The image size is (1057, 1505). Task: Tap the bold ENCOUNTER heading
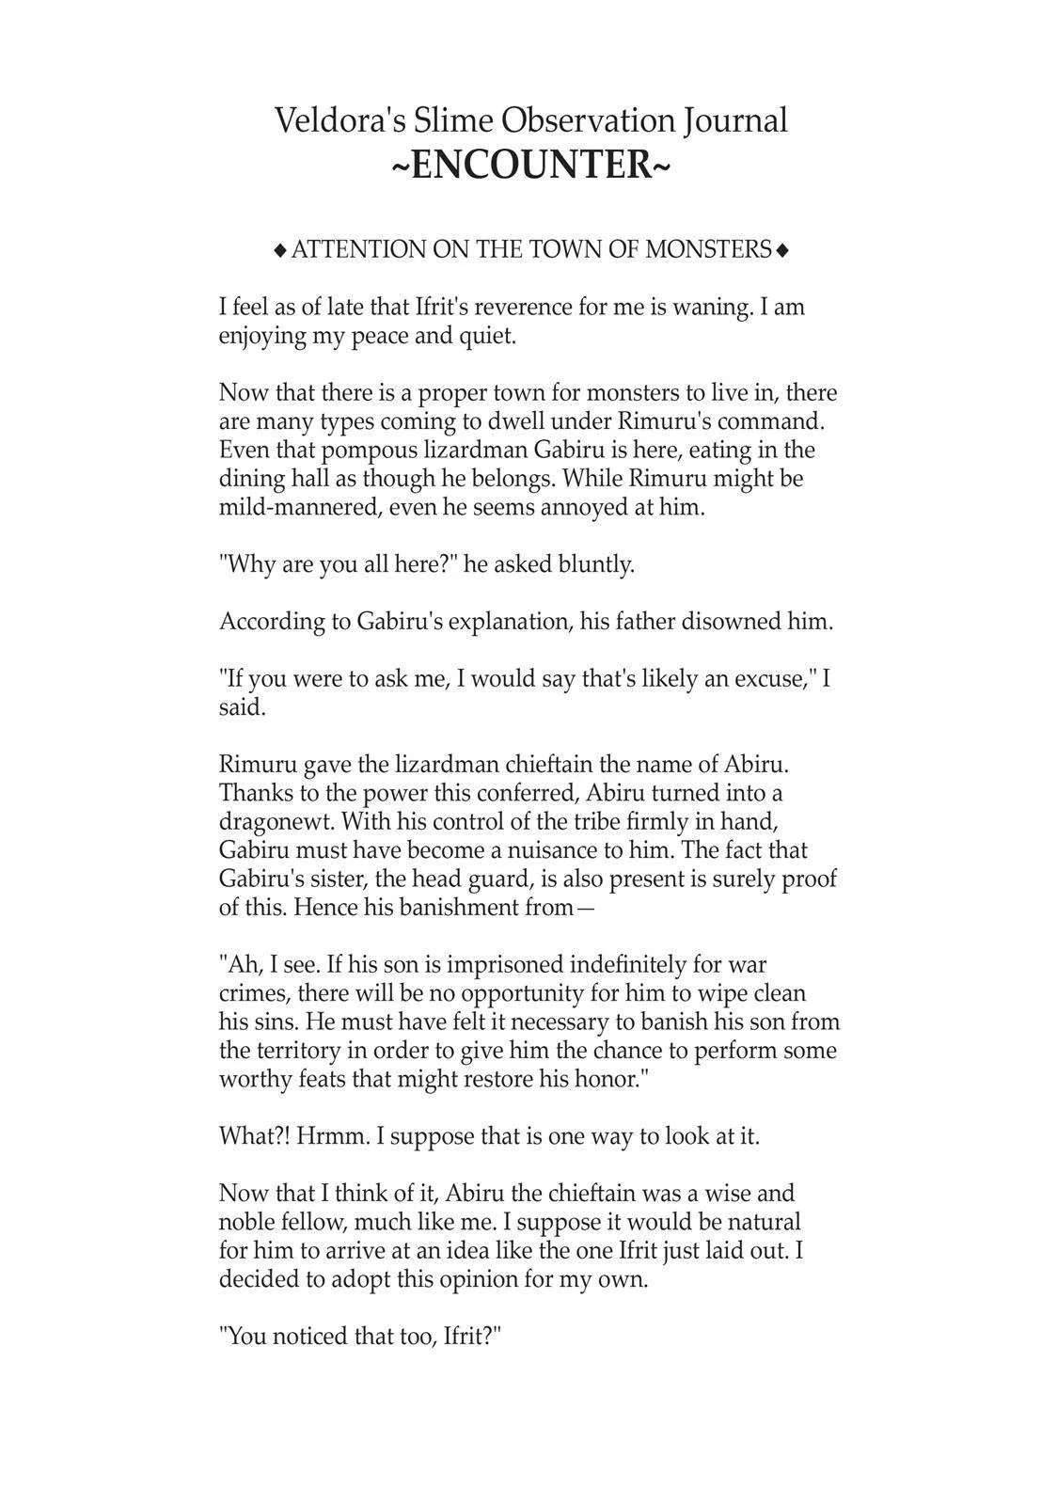tap(530, 166)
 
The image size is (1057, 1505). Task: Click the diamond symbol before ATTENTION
tap(279, 250)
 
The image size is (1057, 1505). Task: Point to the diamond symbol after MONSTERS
tap(782, 250)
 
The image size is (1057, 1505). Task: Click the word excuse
tap(775, 679)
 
